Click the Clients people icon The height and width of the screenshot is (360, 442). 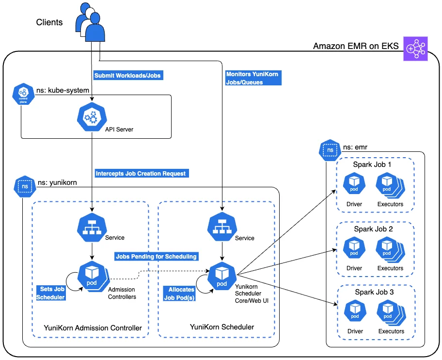[x=90, y=22]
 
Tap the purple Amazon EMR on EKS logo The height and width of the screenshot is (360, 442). [x=415, y=49]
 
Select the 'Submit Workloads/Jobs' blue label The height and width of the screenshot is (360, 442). [x=128, y=75]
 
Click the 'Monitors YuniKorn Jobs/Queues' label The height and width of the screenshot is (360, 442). [x=253, y=78]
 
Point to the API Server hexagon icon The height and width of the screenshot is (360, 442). [x=92, y=117]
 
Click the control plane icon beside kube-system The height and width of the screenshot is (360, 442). [x=23, y=94]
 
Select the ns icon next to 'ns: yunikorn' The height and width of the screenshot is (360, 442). [x=25, y=186]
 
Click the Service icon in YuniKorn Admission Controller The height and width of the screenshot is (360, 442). [x=92, y=228]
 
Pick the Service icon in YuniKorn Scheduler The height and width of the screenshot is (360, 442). [x=222, y=227]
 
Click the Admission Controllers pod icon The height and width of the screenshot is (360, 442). [x=93, y=277]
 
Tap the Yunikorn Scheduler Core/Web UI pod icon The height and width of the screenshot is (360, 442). [x=222, y=276]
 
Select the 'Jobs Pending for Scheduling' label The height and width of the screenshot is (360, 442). [x=157, y=257]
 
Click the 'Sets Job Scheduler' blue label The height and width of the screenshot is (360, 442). [x=51, y=293]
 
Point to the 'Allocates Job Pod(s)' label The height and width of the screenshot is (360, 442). [x=179, y=294]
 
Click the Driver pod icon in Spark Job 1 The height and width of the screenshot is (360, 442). [x=354, y=183]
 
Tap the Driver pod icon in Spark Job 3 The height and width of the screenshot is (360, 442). [x=355, y=311]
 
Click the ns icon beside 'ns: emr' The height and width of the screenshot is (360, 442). [x=330, y=150]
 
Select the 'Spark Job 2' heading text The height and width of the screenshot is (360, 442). [x=373, y=229]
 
